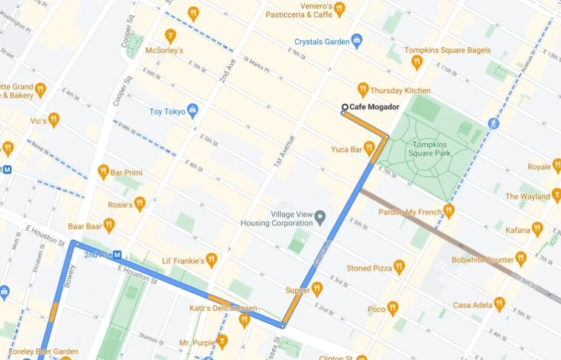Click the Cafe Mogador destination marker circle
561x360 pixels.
344,107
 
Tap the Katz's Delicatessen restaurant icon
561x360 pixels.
245,319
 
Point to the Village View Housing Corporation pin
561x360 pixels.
321,217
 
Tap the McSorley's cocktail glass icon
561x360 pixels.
171,35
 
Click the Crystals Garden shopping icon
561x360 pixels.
357,41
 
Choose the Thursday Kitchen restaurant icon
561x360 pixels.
363,89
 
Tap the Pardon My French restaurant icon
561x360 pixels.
449,210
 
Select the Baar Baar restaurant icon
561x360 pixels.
109,225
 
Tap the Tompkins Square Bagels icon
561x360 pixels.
416,61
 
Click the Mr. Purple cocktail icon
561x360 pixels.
222,341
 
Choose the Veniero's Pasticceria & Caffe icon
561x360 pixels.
339,8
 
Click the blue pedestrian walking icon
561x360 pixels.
493,123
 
